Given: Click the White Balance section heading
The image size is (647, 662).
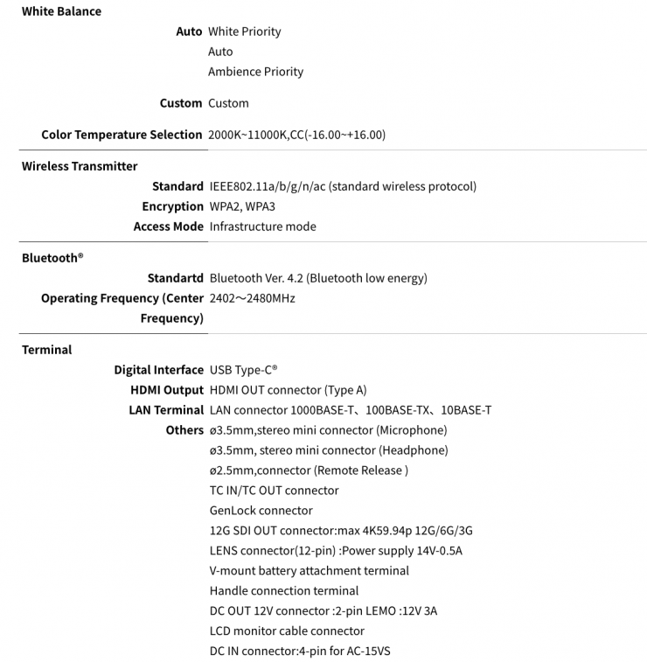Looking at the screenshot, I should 61,11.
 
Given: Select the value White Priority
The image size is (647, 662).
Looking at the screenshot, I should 245,31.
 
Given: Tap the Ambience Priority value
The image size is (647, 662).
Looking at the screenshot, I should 255,72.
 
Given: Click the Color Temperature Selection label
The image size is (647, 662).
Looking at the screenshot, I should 122,135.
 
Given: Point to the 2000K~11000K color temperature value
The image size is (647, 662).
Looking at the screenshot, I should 297,135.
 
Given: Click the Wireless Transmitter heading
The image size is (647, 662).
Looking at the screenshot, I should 80,166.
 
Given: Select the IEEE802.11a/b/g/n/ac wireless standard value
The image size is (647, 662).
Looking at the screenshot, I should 343,186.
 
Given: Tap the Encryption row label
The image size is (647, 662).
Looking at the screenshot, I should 172,206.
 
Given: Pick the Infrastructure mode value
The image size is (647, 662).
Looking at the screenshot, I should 262,226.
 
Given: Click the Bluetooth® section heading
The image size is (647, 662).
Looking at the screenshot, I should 52,258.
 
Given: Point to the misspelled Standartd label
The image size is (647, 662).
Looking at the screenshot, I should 175,278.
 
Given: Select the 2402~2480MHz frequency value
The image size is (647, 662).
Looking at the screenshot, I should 253,298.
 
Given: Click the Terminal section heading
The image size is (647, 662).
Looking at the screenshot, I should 47,350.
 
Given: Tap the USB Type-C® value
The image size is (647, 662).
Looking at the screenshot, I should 244,370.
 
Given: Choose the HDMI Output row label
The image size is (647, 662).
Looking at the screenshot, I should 167,390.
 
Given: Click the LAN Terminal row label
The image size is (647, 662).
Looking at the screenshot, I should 166,410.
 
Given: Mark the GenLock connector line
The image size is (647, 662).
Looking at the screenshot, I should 261,511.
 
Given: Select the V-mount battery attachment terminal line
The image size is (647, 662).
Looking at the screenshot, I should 310,571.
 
